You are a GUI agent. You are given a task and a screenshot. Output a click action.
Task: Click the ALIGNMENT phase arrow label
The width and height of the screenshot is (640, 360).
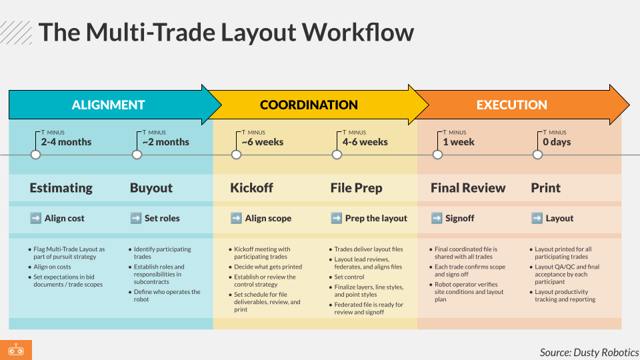(x=108, y=105)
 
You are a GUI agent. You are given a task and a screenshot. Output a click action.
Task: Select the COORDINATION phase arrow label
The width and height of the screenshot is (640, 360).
(x=309, y=105)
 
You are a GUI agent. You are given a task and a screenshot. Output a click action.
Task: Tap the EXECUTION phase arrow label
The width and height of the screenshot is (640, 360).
(x=511, y=105)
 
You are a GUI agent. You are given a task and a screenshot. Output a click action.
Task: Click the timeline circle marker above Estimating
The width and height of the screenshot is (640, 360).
(x=36, y=155)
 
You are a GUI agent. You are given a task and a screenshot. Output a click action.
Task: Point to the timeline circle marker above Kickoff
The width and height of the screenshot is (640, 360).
(x=236, y=155)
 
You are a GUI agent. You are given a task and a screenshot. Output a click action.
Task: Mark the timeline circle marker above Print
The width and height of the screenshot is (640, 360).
(x=537, y=155)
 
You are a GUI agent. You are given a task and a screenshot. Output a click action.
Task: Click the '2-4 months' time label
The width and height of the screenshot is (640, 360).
(x=66, y=142)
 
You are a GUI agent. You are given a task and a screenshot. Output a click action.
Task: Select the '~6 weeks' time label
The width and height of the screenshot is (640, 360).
(x=262, y=142)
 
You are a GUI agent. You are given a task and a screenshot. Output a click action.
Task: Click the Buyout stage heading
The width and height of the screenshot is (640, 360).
(x=151, y=188)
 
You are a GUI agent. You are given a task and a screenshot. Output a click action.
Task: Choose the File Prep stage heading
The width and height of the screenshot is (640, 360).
(x=356, y=188)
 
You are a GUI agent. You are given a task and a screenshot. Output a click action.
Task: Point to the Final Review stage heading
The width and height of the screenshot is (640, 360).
(x=468, y=188)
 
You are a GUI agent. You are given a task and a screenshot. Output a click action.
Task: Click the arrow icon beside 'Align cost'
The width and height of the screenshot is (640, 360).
(x=36, y=218)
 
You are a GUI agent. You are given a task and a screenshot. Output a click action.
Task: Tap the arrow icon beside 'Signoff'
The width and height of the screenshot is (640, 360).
(x=437, y=218)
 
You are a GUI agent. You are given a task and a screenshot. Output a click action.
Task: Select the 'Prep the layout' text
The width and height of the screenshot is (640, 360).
(x=376, y=218)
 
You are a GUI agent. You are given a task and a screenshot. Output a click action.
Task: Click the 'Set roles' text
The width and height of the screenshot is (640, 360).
(x=162, y=218)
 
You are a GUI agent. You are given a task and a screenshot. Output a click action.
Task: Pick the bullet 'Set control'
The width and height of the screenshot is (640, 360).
(x=349, y=277)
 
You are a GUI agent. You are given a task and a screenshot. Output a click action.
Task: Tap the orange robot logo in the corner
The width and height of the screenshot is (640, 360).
(x=15, y=350)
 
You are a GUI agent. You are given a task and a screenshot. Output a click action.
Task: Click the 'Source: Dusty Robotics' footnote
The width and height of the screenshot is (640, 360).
(x=589, y=352)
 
